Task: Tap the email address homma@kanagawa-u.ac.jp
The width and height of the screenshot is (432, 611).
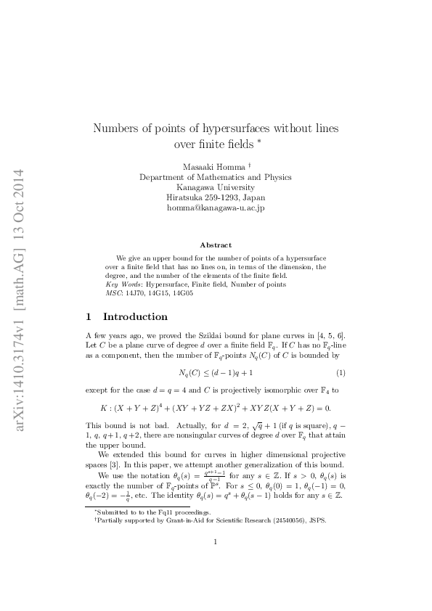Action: pos(216,208)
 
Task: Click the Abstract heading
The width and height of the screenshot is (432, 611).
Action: pos(216,245)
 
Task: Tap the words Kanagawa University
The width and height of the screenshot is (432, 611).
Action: pos(216,186)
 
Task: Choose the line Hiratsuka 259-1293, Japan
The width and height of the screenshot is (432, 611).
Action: pos(216,197)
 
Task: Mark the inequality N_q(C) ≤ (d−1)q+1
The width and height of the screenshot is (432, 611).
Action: pos(216,372)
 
